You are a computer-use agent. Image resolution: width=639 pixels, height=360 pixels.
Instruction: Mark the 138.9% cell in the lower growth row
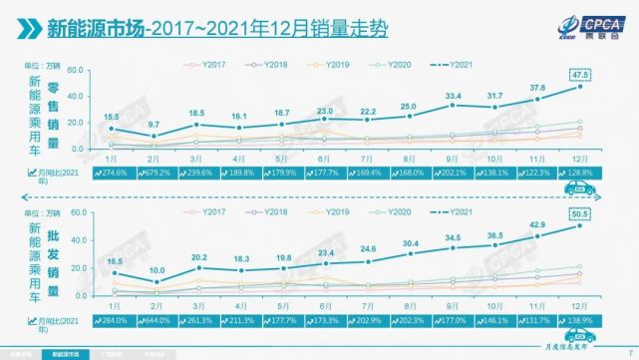pyautogui.click(x=579, y=320)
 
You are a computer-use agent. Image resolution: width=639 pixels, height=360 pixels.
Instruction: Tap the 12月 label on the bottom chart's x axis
pyautogui.click(x=579, y=304)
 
